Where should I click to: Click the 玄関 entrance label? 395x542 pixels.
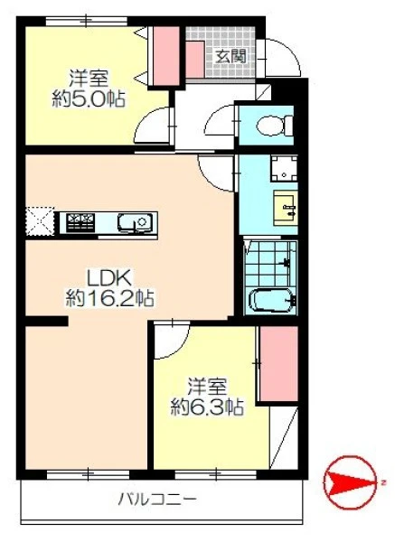231,57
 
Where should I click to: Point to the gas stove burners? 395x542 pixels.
80,221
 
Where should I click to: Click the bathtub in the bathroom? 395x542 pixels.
273,301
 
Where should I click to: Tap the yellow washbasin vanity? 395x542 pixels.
286,208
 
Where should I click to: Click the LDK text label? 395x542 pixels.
109,278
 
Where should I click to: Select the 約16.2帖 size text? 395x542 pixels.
110,297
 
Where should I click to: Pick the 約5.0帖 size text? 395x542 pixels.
89,98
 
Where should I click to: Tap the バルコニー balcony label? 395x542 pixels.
157,500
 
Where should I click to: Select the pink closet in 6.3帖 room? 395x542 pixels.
278,364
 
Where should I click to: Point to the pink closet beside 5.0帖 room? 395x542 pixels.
166,56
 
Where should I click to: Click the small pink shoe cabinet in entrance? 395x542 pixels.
194,60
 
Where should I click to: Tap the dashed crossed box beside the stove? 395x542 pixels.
40,221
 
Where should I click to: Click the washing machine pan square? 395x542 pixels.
284,168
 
